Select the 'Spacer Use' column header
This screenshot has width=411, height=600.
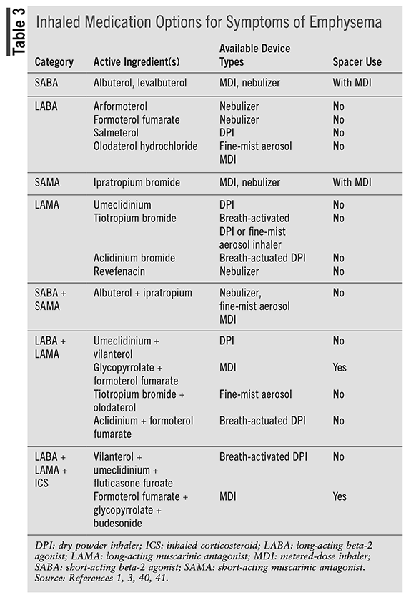[x=357, y=61]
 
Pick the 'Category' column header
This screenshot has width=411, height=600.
[x=54, y=61]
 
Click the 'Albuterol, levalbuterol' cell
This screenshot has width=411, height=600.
[x=140, y=83]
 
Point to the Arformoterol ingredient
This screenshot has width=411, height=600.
[x=120, y=106]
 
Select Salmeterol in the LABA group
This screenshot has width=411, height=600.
[x=116, y=133]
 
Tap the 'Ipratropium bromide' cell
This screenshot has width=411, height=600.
[x=137, y=182]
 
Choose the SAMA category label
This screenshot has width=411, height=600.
[x=49, y=182]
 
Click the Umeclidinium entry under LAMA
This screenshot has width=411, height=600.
[x=122, y=204]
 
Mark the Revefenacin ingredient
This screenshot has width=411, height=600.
[x=119, y=271]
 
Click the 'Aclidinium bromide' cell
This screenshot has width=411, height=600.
[x=134, y=258]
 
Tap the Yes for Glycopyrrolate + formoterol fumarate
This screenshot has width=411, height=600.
[x=340, y=367]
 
